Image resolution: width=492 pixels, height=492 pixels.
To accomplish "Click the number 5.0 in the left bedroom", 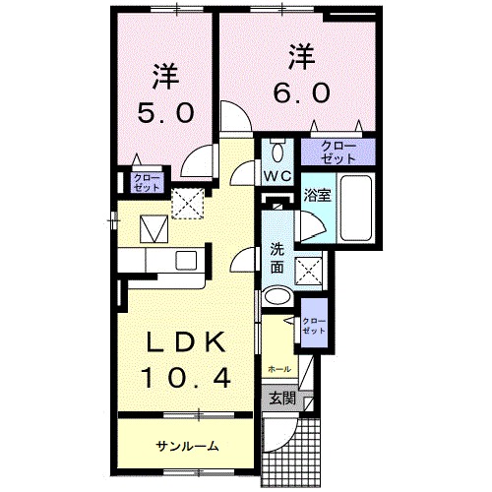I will (166, 112).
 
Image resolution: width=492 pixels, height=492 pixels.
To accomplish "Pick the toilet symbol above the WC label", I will (277, 151).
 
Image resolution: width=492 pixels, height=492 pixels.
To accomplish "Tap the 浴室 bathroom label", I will (316, 195).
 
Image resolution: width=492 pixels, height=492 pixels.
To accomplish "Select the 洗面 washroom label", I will (277, 258).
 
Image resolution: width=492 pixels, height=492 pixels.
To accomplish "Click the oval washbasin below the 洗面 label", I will (277, 298).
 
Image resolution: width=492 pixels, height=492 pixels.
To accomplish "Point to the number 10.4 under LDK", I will (188, 378).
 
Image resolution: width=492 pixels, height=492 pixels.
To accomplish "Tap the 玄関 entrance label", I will (281, 399).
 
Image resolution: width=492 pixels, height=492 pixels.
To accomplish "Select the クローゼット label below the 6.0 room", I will (338, 152).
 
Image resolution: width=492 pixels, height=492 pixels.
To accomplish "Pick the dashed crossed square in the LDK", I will (186, 202).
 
